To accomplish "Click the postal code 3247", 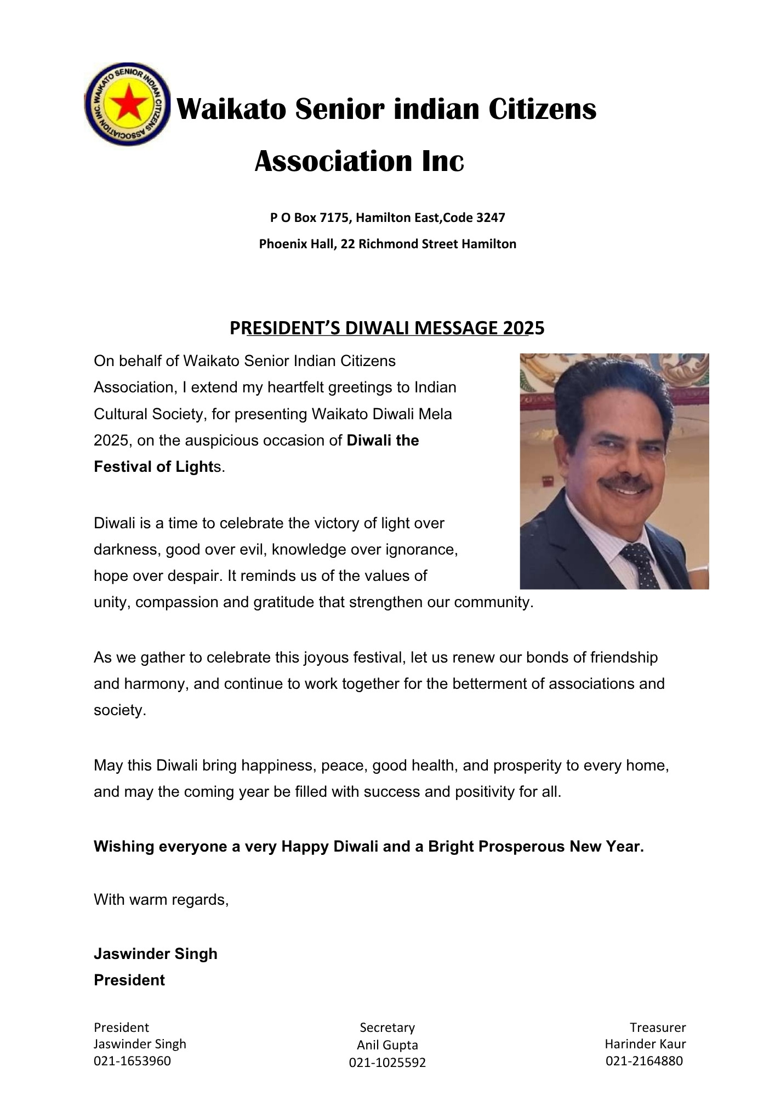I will click(491, 218).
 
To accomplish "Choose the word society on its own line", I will click(119, 710).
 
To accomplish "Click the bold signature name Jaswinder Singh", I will click(156, 954).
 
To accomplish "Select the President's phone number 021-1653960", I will click(132, 1061).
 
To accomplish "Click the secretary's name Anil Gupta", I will click(387, 1045).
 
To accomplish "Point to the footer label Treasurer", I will click(657, 1027).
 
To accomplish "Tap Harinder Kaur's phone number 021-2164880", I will click(644, 1061).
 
